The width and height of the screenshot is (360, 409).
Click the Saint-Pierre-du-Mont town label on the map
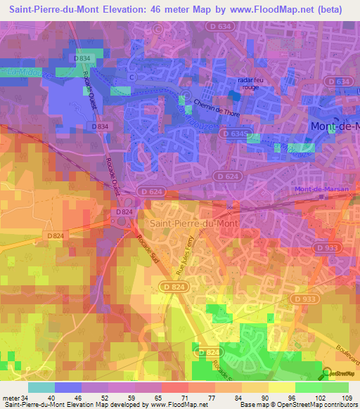pyautogui.click(x=193, y=223)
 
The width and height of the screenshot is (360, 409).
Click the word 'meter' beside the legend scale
pyautogui.click(x=10, y=398)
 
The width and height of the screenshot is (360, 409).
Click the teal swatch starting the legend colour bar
pyautogui.click(x=41, y=387)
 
